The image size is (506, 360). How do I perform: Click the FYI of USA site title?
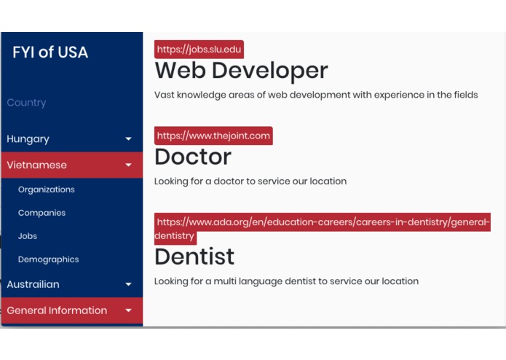click(50, 52)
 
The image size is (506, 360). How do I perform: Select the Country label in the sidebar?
click(26, 103)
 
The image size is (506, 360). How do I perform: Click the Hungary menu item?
click(28, 138)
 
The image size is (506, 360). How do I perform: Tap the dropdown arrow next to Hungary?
click(129, 139)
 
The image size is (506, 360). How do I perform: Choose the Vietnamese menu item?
click(36, 165)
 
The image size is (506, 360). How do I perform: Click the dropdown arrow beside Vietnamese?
click(129, 165)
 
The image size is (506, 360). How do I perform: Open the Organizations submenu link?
click(47, 189)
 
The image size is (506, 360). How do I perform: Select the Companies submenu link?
click(41, 213)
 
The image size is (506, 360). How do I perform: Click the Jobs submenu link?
click(28, 236)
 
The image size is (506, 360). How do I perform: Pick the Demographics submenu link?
click(48, 259)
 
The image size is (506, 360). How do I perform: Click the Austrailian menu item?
click(33, 284)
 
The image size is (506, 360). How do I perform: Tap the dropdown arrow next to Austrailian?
click(129, 285)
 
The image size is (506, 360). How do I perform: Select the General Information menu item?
click(57, 310)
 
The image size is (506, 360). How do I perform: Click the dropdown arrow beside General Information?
click(129, 311)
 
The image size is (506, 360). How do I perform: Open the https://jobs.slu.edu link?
click(199, 50)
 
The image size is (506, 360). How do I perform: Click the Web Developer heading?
click(241, 71)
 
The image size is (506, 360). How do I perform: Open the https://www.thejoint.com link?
click(213, 136)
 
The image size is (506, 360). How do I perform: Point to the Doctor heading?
click(193, 157)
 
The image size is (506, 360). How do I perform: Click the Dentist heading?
click(194, 257)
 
